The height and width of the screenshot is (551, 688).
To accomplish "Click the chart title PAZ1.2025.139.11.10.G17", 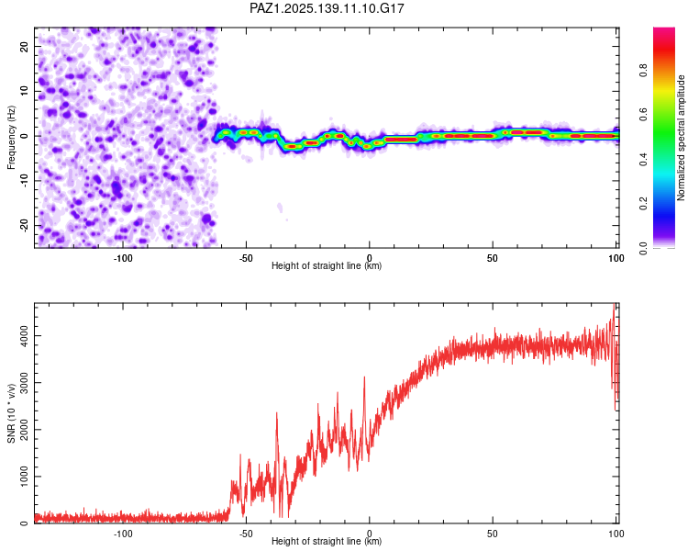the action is pyautogui.click(x=327, y=8).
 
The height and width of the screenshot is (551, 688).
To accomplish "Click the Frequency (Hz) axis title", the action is pyautogui.click(x=11, y=138).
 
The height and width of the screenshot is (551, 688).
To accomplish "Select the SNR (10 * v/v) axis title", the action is pyautogui.click(x=11, y=413).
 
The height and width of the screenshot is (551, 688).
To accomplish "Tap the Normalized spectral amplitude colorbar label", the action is pyautogui.click(x=681, y=138).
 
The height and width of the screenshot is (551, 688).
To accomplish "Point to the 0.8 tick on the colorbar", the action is pyautogui.click(x=643, y=71).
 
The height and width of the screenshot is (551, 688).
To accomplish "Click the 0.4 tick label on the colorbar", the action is pyautogui.click(x=643, y=160).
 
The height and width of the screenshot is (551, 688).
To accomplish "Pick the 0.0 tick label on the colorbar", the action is pyautogui.click(x=643, y=248).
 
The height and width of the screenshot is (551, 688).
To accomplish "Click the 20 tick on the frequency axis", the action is pyautogui.click(x=25, y=47).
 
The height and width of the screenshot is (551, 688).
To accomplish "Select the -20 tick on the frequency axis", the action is pyautogui.click(x=25, y=226).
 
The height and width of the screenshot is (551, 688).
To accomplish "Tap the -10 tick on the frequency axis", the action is pyautogui.click(x=25, y=181).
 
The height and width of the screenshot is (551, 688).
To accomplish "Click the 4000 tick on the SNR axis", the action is pyautogui.click(x=25, y=336).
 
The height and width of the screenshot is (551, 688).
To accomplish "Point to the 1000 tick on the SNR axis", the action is pyautogui.click(x=25, y=477).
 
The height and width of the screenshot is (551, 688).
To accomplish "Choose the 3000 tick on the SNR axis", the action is pyautogui.click(x=25, y=383).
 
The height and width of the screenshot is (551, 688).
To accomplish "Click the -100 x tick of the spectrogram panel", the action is pyautogui.click(x=123, y=258).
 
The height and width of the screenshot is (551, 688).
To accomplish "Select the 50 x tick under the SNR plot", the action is pyautogui.click(x=493, y=534).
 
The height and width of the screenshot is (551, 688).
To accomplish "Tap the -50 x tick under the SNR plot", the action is pyautogui.click(x=246, y=534).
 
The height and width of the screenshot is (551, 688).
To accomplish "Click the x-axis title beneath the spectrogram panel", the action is pyautogui.click(x=327, y=265).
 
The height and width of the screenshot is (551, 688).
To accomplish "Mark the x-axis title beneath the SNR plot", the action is pyautogui.click(x=327, y=541).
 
